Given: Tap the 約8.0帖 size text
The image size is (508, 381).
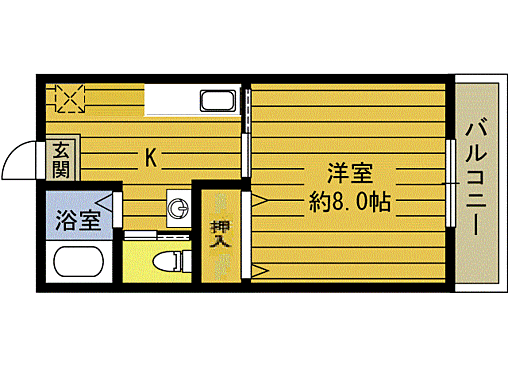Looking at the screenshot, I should click(x=350, y=202).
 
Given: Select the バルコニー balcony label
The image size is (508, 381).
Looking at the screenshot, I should click(x=476, y=175).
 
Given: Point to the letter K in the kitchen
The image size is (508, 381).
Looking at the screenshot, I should click(x=150, y=157).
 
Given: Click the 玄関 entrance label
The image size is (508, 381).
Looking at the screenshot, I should click(x=62, y=160).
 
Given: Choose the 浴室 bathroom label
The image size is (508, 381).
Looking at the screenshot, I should click(x=76, y=220).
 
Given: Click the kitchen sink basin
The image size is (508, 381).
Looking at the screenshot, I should click(x=217, y=100).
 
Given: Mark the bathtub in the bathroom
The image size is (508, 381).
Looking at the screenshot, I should click(x=78, y=266).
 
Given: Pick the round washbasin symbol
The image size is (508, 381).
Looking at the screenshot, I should click(x=178, y=208).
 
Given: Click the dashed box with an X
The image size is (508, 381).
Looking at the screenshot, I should click(x=70, y=98).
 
